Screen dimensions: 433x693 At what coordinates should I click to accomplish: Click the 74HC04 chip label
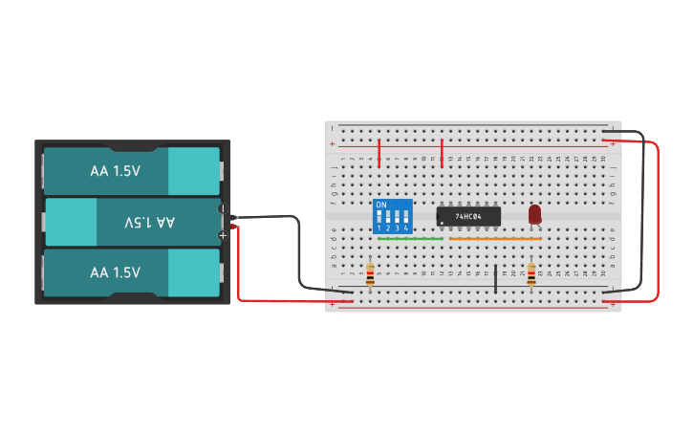pos(468,217)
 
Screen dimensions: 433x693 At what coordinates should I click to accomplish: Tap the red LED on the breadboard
pos(534,214)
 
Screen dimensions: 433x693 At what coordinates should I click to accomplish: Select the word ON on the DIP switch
pos(381,206)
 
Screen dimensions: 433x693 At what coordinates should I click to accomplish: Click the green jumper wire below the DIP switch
pos(410,239)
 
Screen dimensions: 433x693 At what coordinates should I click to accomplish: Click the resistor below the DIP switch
pos(370,275)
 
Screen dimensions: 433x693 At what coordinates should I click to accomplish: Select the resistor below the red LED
pos(531,275)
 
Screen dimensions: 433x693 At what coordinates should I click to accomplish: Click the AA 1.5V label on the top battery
pos(116,171)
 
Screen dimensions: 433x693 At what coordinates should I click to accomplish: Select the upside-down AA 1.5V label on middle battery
pos(151,222)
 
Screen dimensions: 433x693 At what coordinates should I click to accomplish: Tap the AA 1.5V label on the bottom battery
pos(116,272)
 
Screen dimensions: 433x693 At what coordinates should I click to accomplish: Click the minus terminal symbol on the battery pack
pos(223,208)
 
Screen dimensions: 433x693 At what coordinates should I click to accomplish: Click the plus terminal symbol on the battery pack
pos(223,235)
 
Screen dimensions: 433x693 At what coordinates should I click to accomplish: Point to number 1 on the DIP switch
pos(379,228)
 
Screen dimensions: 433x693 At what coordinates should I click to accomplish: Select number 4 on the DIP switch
pos(405,228)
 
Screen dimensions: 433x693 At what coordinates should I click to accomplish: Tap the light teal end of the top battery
pos(194,171)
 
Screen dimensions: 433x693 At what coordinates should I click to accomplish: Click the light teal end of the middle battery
pos(71,222)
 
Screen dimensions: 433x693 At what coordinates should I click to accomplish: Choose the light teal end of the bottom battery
pos(194,272)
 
